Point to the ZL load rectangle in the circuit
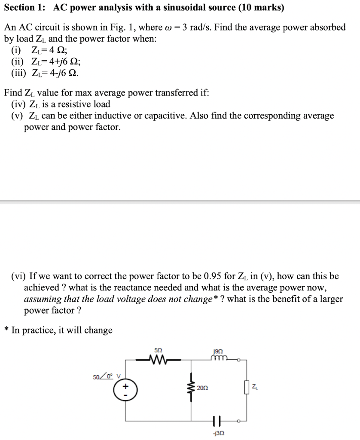coord(247,388)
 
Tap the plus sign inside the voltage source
coord(125,386)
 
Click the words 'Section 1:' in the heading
coord(25,8)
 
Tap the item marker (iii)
coord(18,72)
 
